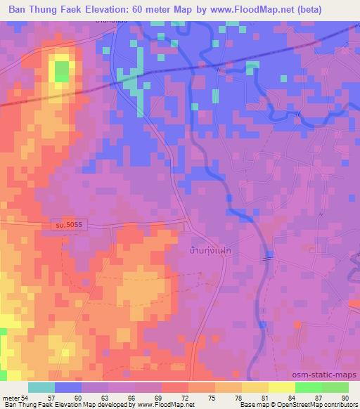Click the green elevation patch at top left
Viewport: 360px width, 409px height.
pos(62,71)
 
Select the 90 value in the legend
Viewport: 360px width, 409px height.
pos(345,398)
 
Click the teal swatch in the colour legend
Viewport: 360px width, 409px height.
pos(41,387)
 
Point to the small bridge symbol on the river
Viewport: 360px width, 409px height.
pos(269,256)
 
